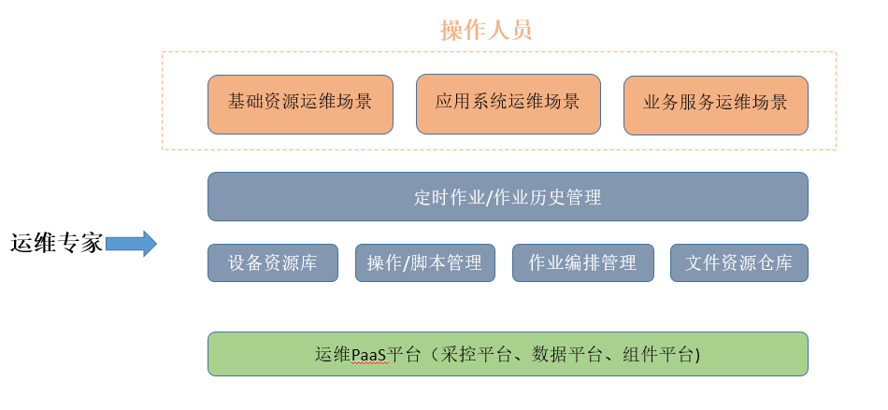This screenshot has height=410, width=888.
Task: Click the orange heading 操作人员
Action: pyautogui.click(x=486, y=30)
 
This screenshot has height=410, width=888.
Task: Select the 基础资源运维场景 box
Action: pyautogui.click(x=300, y=105)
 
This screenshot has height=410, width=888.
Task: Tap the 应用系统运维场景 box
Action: pyautogui.click(x=508, y=104)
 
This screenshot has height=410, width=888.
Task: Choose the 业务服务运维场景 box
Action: pyautogui.click(x=716, y=106)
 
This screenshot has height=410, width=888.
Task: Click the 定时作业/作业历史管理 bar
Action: pyautogui.click(x=508, y=196)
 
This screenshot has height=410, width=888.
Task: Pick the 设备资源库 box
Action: pyautogui.click(x=273, y=262)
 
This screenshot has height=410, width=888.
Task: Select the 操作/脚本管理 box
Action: pyautogui.click(x=425, y=262)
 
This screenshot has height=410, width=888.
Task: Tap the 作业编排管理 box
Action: pyautogui.click(x=583, y=262)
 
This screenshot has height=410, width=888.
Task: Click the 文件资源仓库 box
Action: pyautogui.click(x=739, y=262)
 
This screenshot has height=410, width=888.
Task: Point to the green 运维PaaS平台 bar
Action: pyautogui.click(x=508, y=354)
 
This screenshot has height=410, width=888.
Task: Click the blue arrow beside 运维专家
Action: pyautogui.click(x=131, y=244)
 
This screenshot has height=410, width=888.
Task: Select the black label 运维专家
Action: pyautogui.click(x=57, y=244)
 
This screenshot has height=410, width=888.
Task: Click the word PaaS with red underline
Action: pyautogui.click(x=369, y=355)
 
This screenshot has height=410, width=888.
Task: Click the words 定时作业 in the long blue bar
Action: pyautogui.click(x=449, y=197)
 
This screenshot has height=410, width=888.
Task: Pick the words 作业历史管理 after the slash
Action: pyautogui.click(x=548, y=197)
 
